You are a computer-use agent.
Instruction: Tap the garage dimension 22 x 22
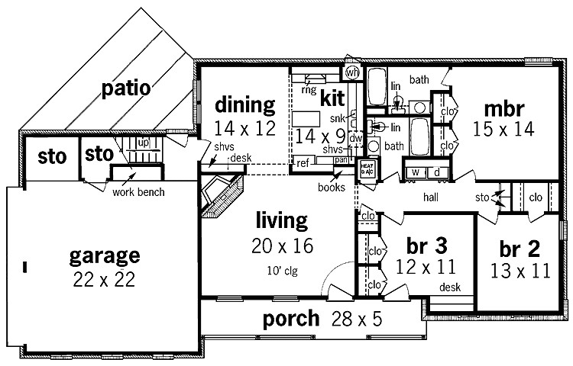pyautogui.click(x=104, y=279)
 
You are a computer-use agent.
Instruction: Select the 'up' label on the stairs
pyautogui.click(x=142, y=143)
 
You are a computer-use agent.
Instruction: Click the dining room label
pyautogui.click(x=244, y=104)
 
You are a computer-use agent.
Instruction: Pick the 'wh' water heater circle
pyautogui.click(x=352, y=72)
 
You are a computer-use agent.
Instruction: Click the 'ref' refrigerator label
pyautogui.click(x=303, y=162)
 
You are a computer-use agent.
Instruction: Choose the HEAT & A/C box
pyautogui.click(x=367, y=169)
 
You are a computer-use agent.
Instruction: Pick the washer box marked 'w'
pyautogui.click(x=417, y=172)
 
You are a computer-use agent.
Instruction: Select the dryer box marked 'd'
pyautogui.click(x=437, y=172)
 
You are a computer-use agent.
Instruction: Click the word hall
pyautogui.click(x=434, y=196)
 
